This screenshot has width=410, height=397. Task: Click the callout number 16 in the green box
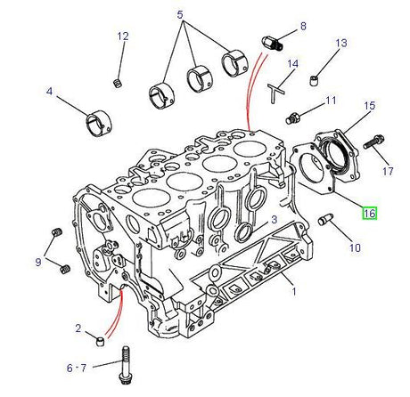pos(368,214)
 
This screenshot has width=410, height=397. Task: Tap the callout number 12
pos(123,36)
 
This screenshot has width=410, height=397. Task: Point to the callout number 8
pos(302,27)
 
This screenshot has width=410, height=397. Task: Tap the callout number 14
pos(291,64)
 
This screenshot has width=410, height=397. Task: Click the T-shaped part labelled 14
pos(277,90)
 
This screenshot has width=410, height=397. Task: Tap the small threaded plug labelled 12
pos(118,84)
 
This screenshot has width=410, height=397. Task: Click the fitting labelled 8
pos(275,40)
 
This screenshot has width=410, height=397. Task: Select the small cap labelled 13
pos(314,82)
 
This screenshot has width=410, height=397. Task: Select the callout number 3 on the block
pos(275,219)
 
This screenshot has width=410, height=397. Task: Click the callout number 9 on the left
pos(37,262)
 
